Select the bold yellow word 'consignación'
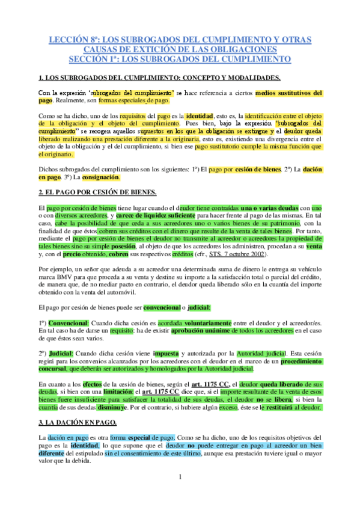click(x=100, y=177)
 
